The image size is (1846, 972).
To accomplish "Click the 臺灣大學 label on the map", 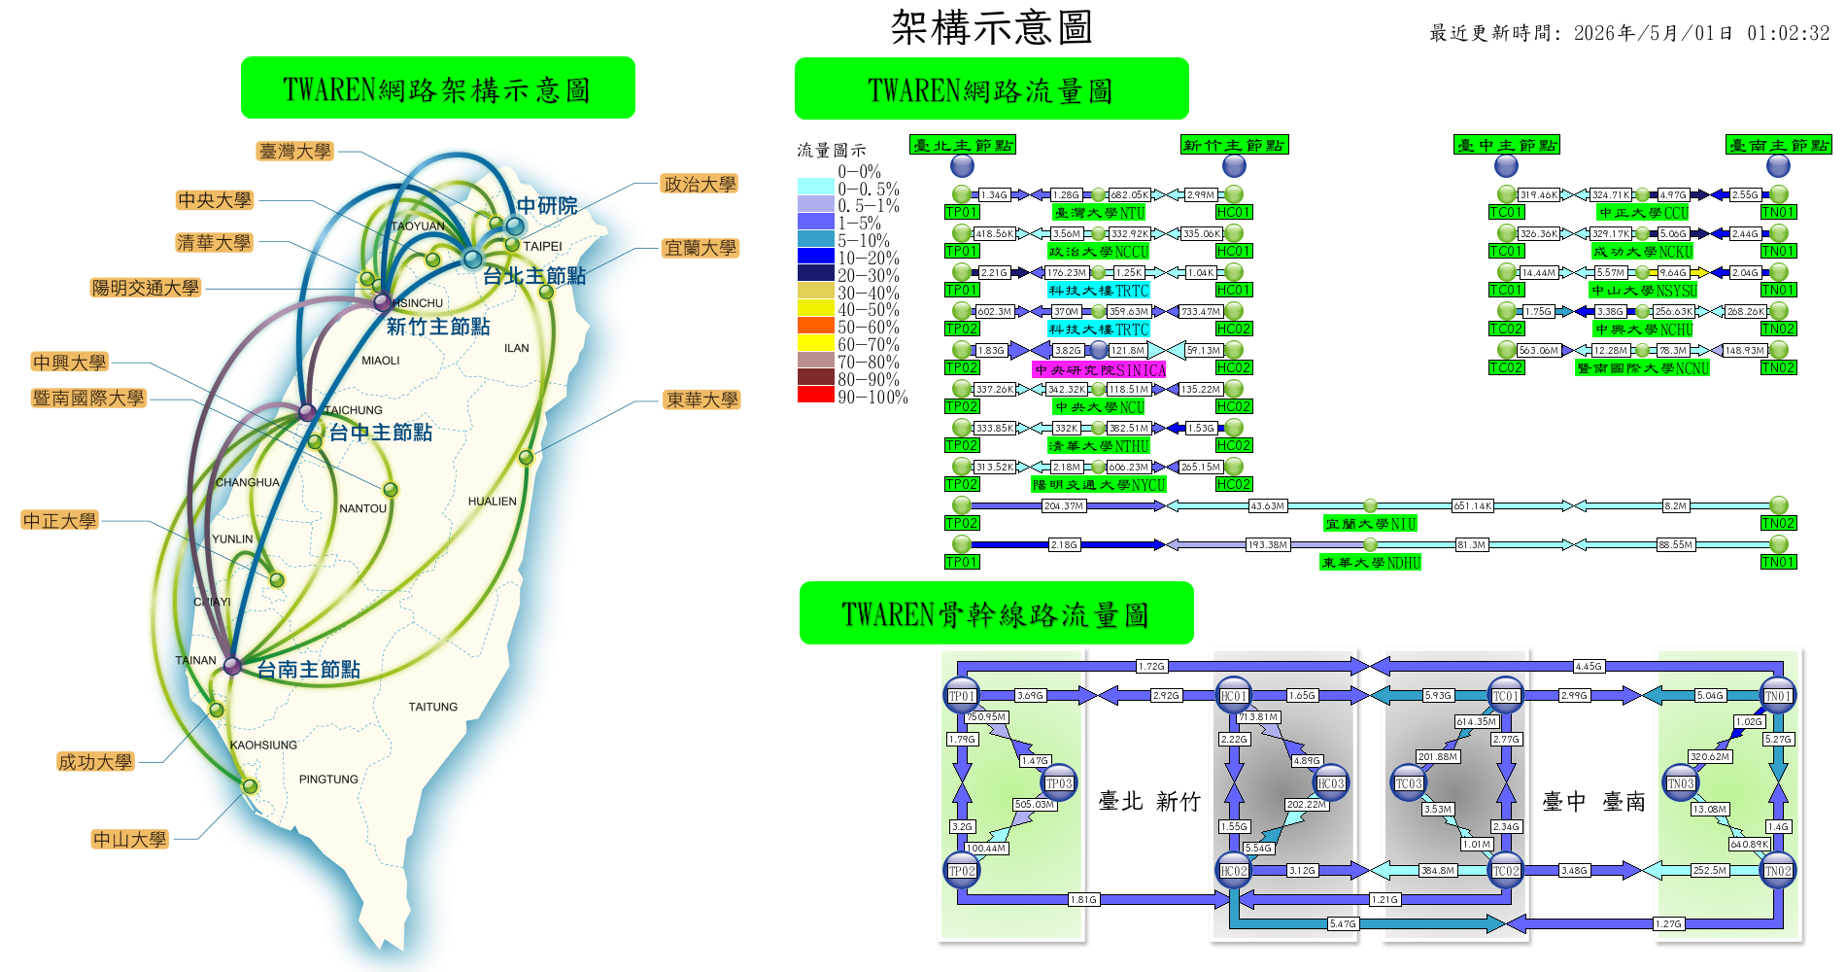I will tap(295, 152).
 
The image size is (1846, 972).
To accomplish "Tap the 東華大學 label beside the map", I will tap(701, 399).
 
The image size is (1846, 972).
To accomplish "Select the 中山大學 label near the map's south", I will tap(130, 839).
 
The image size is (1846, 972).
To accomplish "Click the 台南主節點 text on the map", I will tap(308, 669).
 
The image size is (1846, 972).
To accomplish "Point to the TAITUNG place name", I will tap(432, 707).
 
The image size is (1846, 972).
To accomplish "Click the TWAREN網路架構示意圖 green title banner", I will tap(437, 88).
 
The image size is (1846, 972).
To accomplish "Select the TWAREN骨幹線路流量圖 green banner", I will tap(996, 613).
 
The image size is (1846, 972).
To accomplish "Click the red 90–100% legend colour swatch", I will tap(815, 395).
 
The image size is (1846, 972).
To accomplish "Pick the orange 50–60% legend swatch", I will tap(815, 326).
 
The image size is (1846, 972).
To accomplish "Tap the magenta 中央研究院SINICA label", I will tap(1099, 369).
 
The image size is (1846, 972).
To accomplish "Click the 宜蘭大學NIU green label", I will tap(1371, 523).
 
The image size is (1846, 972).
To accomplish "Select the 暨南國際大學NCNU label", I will tap(1642, 367).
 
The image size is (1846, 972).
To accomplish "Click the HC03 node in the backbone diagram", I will tap(1330, 783).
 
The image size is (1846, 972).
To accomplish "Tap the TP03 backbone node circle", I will tap(1058, 783).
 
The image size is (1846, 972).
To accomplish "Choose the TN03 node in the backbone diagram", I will tap(1680, 783).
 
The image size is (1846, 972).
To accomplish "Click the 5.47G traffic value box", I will tap(1342, 923).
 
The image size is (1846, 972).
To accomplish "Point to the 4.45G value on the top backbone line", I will tap(1588, 666).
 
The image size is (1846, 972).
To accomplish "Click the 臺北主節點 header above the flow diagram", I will tap(962, 145).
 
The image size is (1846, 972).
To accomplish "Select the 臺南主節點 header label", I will tap(1778, 145).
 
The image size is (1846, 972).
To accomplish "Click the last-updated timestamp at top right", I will tap(1629, 33).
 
